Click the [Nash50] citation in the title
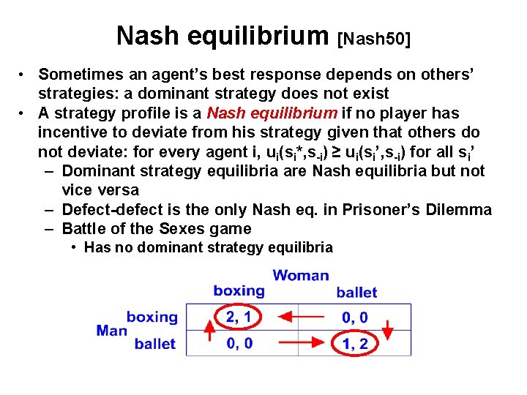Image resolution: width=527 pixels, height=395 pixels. (x=373, y=37)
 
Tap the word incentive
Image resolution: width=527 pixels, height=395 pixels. (x=71, y=132)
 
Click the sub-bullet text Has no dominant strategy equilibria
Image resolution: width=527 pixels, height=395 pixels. (x=208, y=247)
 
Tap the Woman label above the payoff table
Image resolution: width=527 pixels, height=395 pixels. (x=301, y=276)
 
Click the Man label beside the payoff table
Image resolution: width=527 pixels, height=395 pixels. (x=111, y=331)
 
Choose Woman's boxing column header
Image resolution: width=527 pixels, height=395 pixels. (x=239, y=291)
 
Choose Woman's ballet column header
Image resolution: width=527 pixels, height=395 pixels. (x=356, y=293)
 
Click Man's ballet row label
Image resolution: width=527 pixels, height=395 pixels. (x=154, y=344)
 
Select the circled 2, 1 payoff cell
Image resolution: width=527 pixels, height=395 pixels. (x=239, y=317)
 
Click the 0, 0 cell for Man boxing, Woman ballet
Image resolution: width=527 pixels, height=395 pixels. (x=354, y=317)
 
